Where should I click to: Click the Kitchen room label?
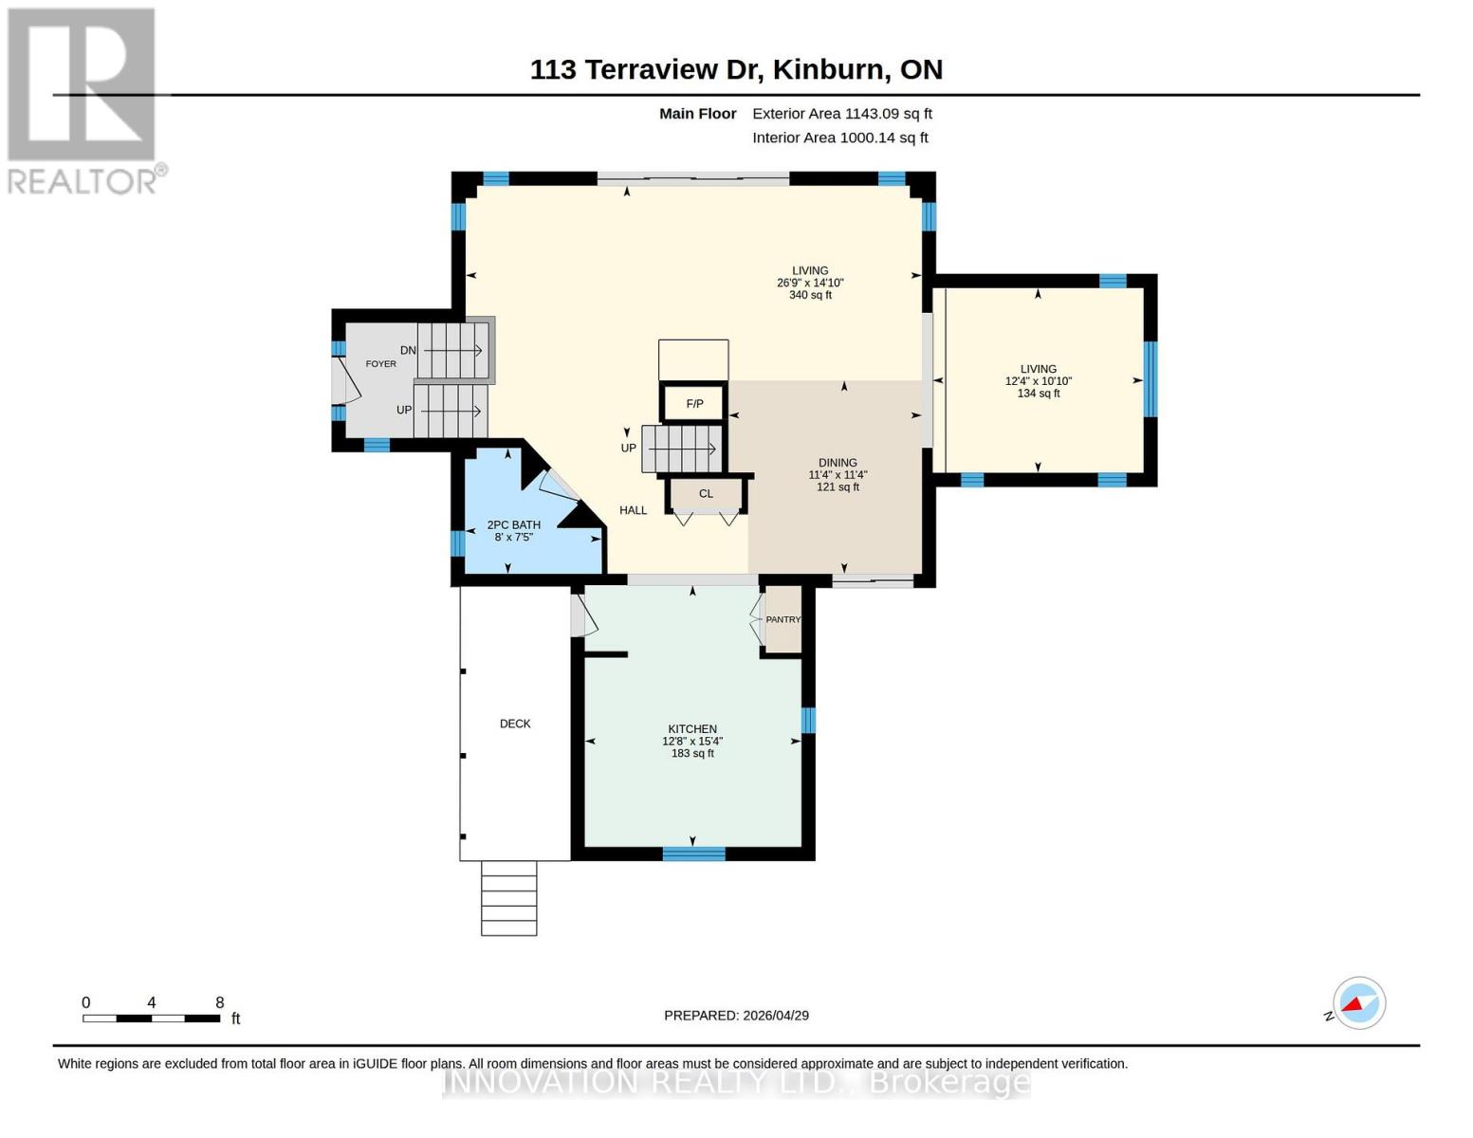pos(692,729)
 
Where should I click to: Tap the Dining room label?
pos(838,463)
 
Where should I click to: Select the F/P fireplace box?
pos(694,404)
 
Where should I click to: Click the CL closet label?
pos(706,494)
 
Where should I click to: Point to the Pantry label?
pos(783,619)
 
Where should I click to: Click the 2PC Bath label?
pos(513,524)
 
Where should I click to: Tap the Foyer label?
pos(381,364)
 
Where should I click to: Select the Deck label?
pos(515,724)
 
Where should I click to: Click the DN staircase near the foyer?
pos(453,350)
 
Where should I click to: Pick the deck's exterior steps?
pos(509,898)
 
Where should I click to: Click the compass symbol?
pos(1358,1002)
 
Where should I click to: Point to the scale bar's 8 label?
pos(220,1002)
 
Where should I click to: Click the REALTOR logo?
pos(83,100)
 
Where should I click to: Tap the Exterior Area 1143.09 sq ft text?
pos(841,114)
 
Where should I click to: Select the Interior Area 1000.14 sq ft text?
pos(839,138)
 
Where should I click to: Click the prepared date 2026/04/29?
pos(776,1016)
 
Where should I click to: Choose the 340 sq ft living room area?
pos(810,295)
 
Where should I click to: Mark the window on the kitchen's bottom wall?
pos(693,853)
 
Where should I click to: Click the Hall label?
pos(633,510)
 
